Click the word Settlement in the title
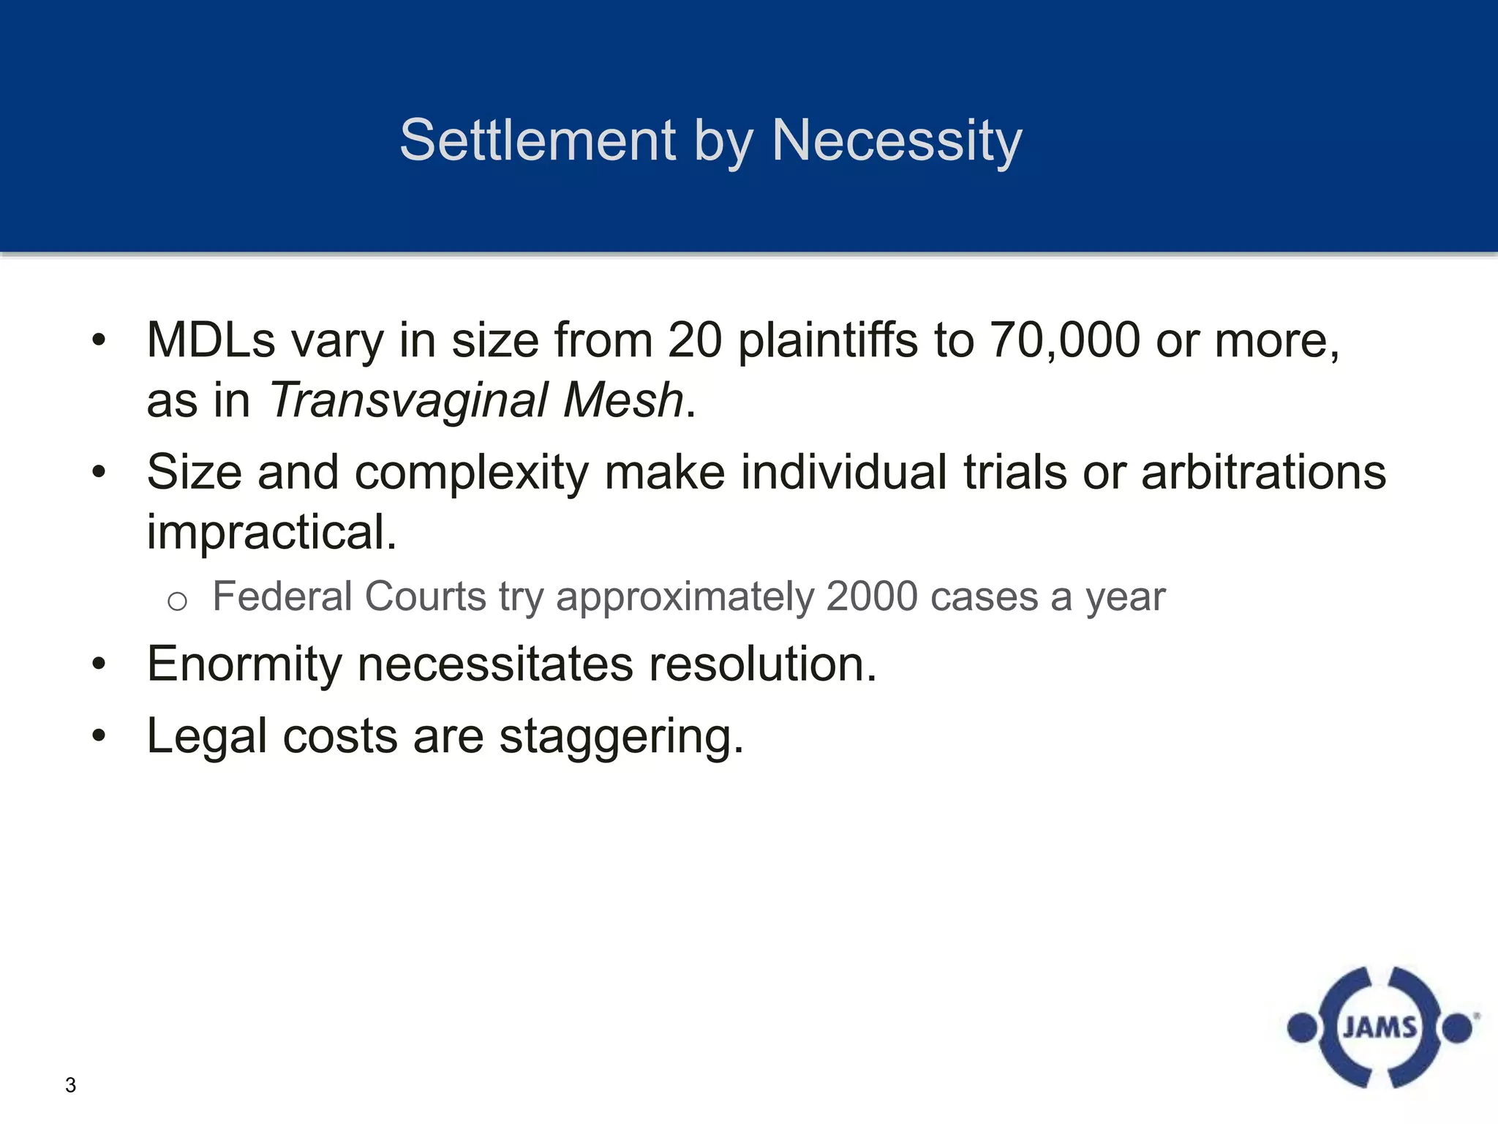(538, 140)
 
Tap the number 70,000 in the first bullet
(1064, 341)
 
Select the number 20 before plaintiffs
(695, 341)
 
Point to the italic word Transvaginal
(408, 401)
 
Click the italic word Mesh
(623, 401)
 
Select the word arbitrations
(1263, 472)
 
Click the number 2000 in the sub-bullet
(871, 596)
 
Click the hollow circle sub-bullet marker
(177, 602)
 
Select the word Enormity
(244, 664)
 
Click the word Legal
(206, 737)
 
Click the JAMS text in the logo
(1380, 1028)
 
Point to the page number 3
(70, 1085)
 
